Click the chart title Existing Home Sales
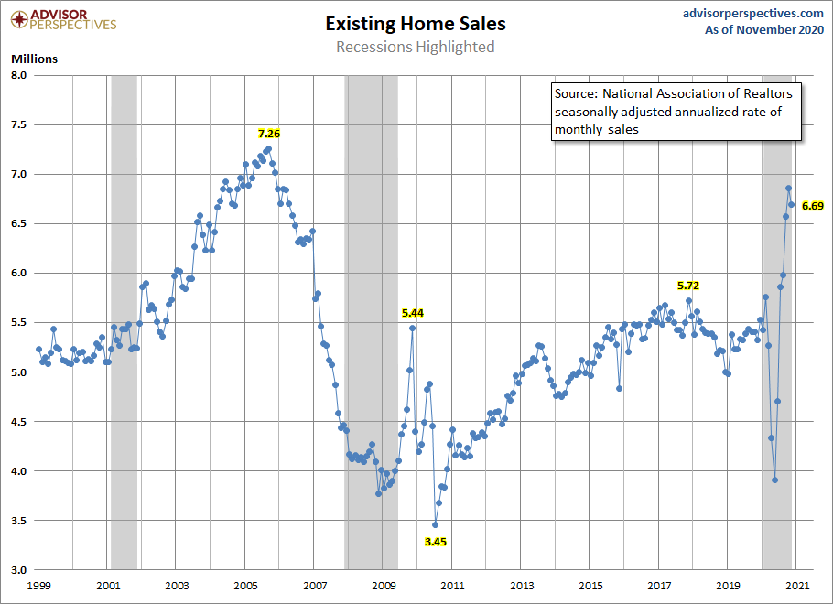415,24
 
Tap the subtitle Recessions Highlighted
415,47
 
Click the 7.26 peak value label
268,134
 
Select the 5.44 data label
413,313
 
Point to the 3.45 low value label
436,542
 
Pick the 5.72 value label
688,286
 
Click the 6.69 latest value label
813,206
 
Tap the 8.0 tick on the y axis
20,75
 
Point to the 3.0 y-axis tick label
20,570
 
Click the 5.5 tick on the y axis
20,322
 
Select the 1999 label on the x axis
38,584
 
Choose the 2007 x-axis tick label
314,584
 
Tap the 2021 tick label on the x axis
796,584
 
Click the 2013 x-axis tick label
521,584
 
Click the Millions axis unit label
34,59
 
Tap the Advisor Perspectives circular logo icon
16,18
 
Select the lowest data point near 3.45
436,524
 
